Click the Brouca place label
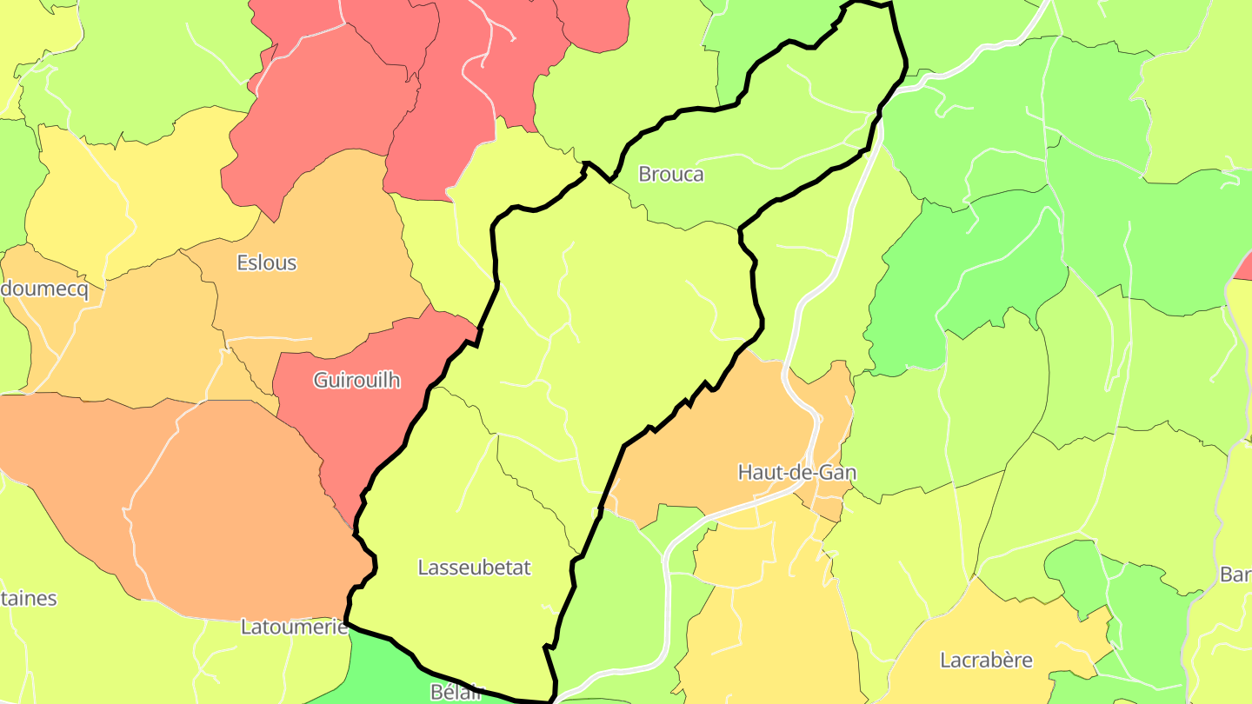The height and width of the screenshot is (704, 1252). [x=670, y=174]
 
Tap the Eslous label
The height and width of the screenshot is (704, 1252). [x=266, y=262]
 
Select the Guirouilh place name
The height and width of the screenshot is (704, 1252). [x=356, y=380]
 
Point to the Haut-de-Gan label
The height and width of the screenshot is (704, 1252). [x=796, y=472]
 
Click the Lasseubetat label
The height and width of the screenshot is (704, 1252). [x=474, y=568]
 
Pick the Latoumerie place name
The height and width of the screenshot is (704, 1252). [x=294, y=626]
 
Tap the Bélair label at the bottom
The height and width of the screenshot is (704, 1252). [x=456, y=692]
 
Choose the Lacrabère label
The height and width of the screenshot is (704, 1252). [x=986, y=660]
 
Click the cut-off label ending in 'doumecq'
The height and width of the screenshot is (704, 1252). [x=43, y=289]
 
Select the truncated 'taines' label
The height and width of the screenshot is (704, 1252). [x=28, y=598]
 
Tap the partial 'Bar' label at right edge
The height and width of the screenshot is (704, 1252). [x=1235, y=574]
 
